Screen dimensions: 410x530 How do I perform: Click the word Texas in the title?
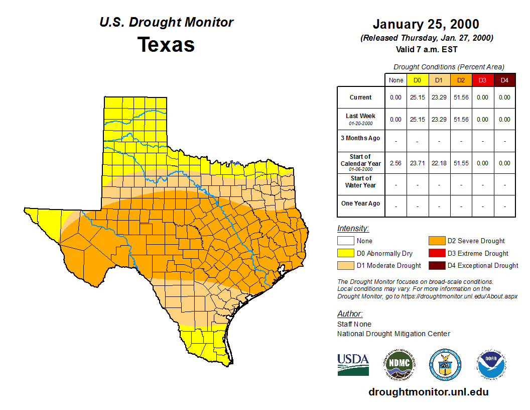tap(166, 45)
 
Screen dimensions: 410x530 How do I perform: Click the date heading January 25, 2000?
tap(426, 24)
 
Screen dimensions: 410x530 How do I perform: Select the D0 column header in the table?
tap(418, 80)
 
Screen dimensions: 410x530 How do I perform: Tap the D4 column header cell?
tap(504, 80)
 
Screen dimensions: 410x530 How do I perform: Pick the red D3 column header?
tap(482, 80)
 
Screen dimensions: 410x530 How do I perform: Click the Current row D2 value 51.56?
tap(461, 97)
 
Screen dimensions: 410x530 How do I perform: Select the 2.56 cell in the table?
tap(396, 163)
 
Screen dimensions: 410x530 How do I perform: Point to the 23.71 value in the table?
tap(418, 163)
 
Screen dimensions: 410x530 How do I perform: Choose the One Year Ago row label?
tap(361, 203)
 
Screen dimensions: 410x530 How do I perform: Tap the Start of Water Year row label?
tap(361, 182)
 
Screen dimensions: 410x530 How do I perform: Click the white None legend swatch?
tap(346, 241)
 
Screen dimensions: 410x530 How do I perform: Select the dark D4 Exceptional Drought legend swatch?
tap(437, 265)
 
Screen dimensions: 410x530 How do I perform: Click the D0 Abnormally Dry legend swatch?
tap(346, 253)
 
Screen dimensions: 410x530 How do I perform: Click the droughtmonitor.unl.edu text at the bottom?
tap(428, 392)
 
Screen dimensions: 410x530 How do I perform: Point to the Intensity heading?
tap(353, 229)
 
